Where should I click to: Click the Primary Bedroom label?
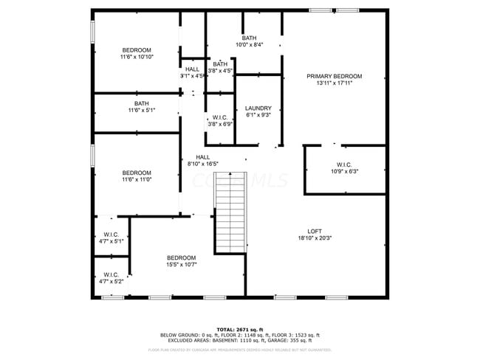coord(335,77)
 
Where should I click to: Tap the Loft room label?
coord(315,232)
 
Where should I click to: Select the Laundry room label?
coord(258,108)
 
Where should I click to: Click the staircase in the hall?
coord(230,216)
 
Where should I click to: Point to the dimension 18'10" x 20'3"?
coord(315,238)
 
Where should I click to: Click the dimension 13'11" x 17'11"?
coord(335,83)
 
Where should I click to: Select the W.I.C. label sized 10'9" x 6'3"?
coord(344,165)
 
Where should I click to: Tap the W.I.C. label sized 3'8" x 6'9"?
coord(220,117)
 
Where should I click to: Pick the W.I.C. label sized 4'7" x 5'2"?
coord(111,274)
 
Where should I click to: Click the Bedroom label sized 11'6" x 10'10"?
coord(137,50)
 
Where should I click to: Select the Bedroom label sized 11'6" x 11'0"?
coord(137,173)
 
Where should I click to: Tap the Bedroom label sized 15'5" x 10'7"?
coord(181,257)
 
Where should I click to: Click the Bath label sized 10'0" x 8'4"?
coord(249,38)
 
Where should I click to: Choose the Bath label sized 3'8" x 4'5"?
coord(220,64)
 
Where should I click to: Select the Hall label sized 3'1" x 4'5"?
coord(192,69)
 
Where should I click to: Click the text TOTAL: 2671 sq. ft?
coord(239,329)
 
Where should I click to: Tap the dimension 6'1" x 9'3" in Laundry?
coord(258,115)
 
